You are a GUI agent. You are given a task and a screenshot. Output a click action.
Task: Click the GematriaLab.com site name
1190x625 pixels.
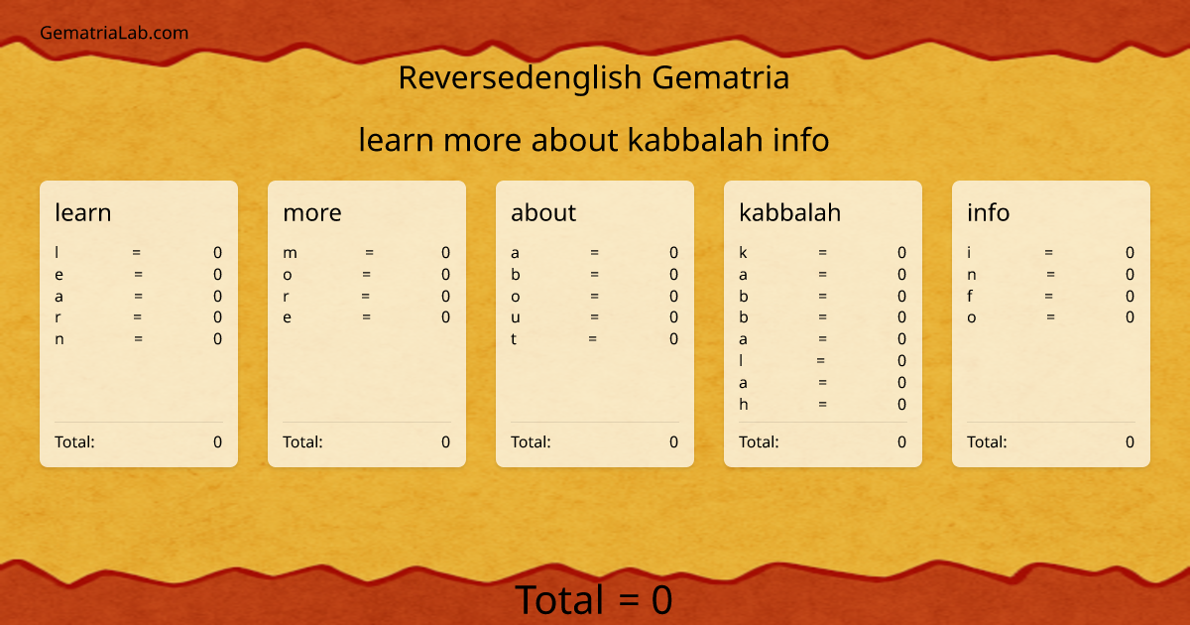(x=114, y=33)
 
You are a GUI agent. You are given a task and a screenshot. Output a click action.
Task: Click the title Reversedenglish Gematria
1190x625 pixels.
(x=593, y=77)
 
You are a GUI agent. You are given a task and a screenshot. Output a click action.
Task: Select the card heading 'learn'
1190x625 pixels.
(x=83, y=212)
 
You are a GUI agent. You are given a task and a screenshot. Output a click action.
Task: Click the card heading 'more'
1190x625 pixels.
(x=312, y=212)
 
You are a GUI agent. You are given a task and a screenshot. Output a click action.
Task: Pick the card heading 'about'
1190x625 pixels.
(x=543, y=212)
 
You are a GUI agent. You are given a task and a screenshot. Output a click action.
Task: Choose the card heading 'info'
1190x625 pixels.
(x=989, y=212)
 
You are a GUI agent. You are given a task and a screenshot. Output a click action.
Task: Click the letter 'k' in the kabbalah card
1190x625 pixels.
(x=743, y=253)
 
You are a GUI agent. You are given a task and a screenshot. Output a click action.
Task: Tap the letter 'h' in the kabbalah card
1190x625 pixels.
(x=743, y=404)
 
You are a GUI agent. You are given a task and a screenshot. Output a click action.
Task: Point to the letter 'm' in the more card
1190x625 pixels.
(x=290, y=253)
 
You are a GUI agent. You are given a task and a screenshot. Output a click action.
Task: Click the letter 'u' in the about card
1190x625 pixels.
(x=516, y=317)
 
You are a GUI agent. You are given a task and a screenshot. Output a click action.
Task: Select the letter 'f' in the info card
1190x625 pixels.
(x=970, y=296)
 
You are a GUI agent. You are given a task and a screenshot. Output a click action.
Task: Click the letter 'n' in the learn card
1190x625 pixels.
(x=59, y=339)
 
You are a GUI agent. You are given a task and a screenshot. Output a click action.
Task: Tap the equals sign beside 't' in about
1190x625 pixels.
(x=592, y=339)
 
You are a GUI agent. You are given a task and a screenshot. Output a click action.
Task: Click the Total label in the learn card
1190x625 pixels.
(x=74, y=441)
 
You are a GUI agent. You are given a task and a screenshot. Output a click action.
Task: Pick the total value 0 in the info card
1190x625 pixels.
(x=1130, y=441)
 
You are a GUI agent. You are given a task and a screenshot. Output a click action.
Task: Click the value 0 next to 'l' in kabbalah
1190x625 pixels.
(x=901, y=361)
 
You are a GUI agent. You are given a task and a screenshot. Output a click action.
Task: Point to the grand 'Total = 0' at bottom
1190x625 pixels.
(x=593, y=600)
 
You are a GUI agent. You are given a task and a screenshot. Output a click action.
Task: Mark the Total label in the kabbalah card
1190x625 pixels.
(x=759, y=441)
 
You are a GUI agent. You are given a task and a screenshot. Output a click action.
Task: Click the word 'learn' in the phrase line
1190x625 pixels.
(x=397, y=140)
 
